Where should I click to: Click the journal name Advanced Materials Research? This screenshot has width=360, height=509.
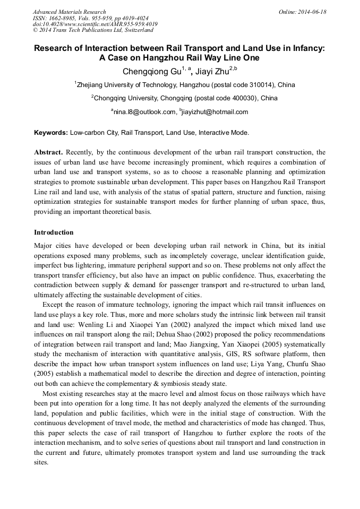click(x=69, y=12)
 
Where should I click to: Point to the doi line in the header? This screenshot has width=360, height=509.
click(x=95, y=24)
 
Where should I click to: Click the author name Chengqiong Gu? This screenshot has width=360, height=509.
click(x=151, y=71)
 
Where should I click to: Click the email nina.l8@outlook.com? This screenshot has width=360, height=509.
click(x=144, y=112)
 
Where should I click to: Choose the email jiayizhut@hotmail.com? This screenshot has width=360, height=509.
click(x=216, y=112)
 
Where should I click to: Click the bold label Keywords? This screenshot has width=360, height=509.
click(x=51, y=133)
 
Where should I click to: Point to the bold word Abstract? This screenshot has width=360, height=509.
click(x=48, y=152)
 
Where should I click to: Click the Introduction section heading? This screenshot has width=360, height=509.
click(x=54, y=232)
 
